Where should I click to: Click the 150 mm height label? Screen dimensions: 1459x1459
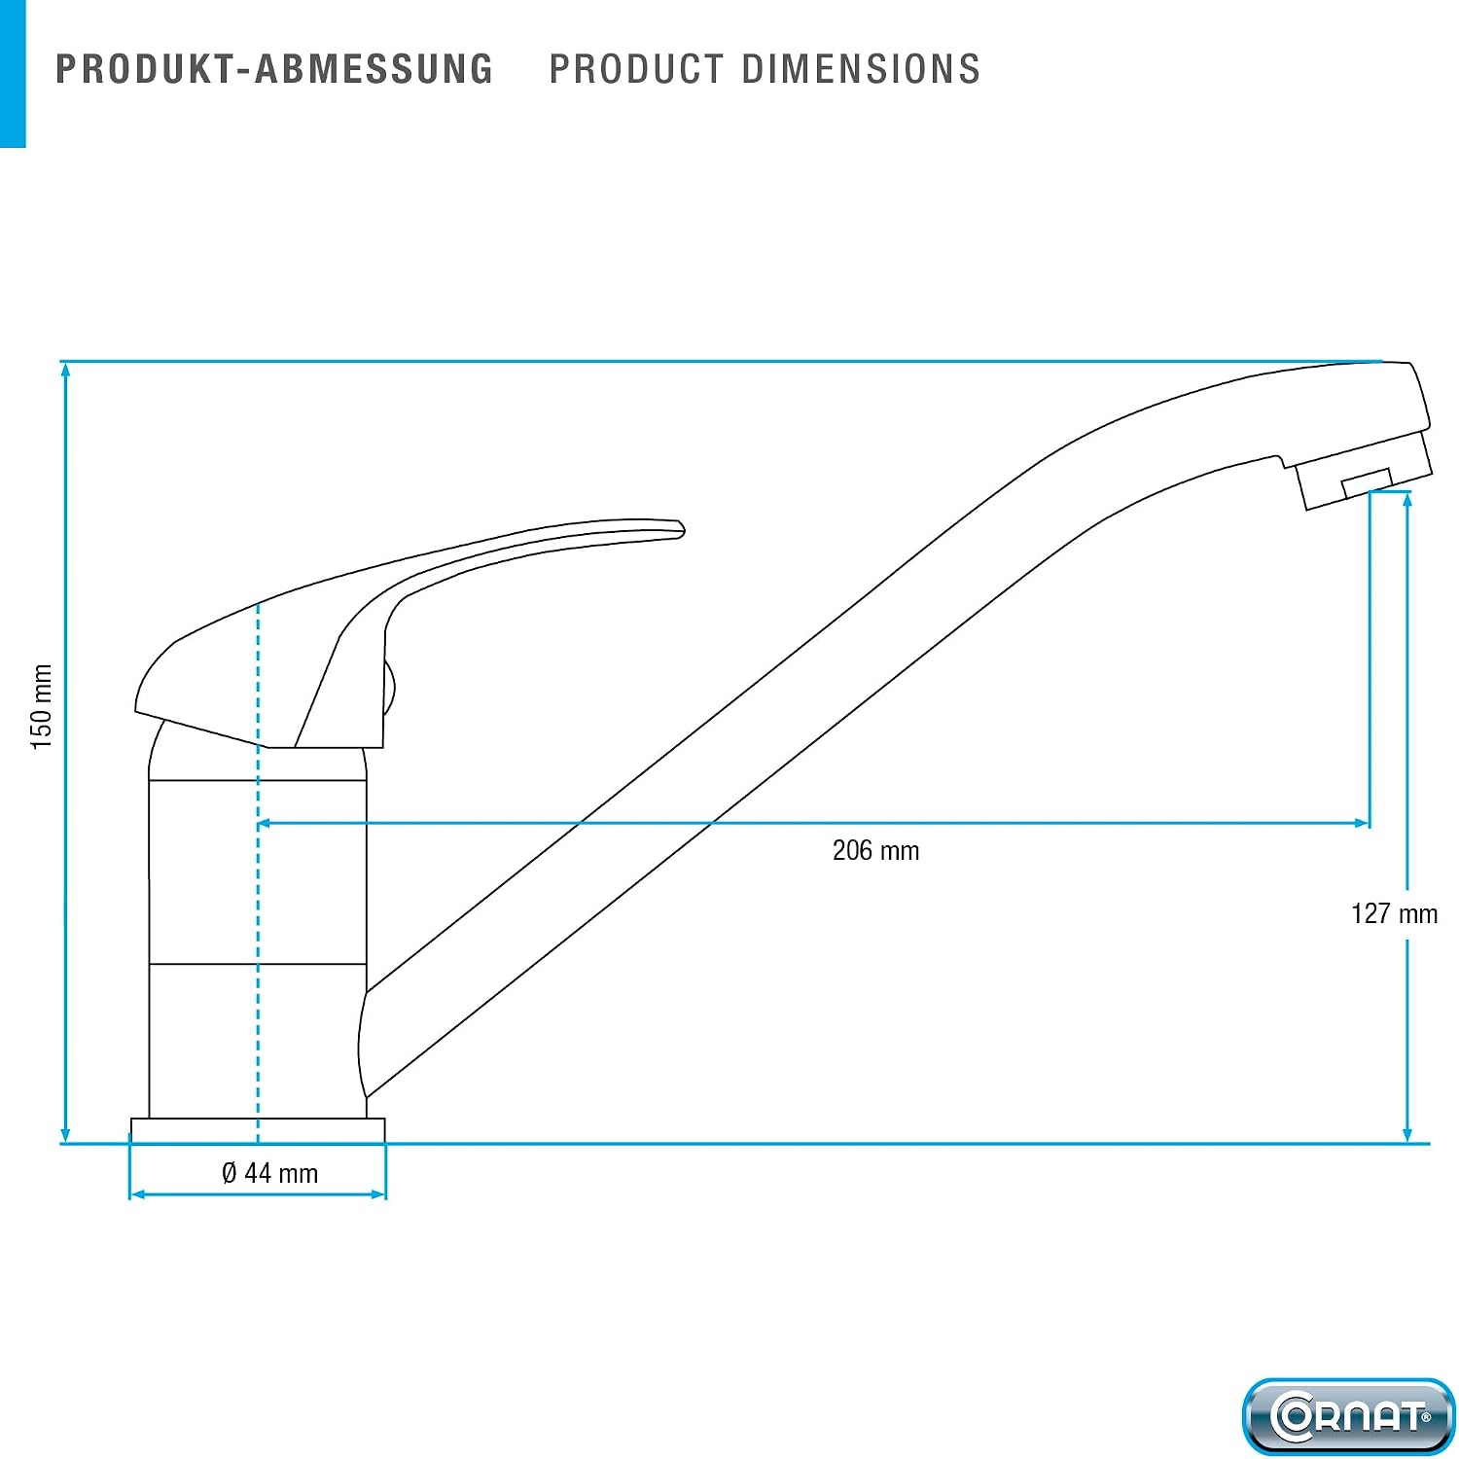click(41, 707)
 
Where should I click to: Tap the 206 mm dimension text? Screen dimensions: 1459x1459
click(875, 851)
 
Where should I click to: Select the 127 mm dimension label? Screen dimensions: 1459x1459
click(1394, 914)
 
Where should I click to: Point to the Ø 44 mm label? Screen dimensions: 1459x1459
click(269, 1173)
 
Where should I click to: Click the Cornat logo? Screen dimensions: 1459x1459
click(1348, 1415)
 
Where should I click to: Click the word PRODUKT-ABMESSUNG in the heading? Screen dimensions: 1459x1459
click(274, 70)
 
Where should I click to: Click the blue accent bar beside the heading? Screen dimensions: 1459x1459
click(13, 74)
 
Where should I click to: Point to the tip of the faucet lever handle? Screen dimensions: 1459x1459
click(683, 529)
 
